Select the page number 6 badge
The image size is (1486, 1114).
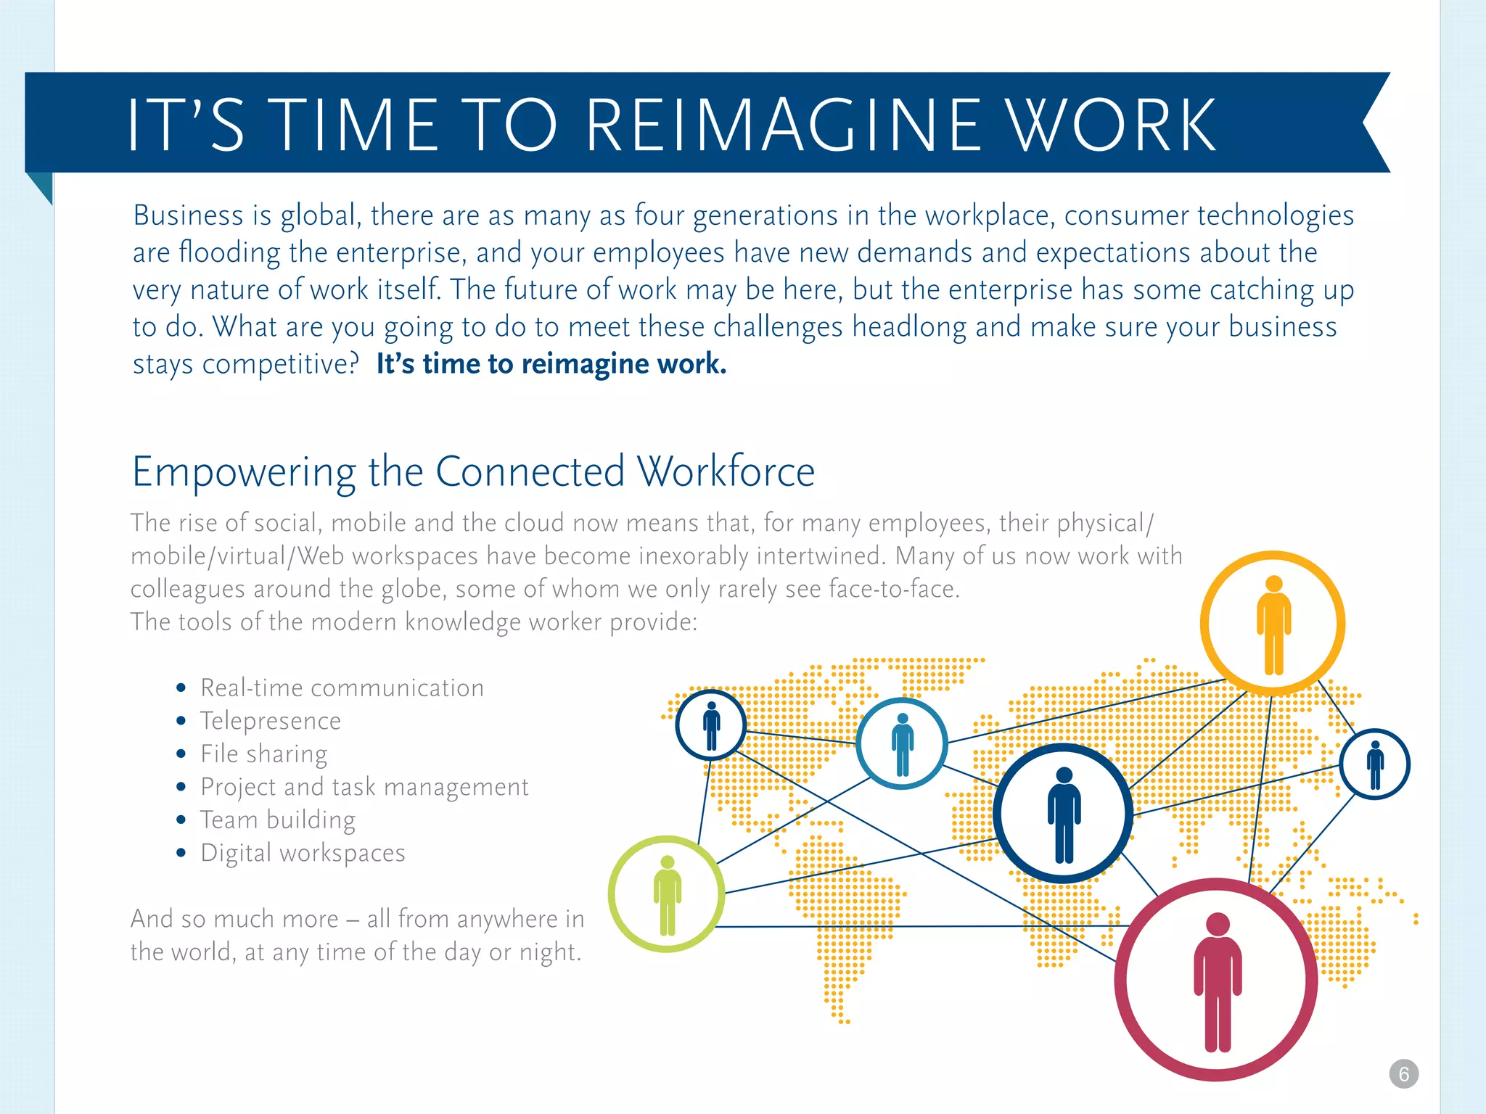[1403, 1074]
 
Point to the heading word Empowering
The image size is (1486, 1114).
[244, 472]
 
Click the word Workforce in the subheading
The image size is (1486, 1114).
[726, 472]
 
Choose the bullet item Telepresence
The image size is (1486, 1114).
[270, 721]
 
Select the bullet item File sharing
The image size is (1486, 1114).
[263, 754]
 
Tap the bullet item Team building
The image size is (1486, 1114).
[277, 820]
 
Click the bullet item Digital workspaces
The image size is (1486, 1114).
[303, 854]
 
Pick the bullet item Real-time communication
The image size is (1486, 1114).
[342, 688]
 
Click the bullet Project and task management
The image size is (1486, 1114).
[364, 787]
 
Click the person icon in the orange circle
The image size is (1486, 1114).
[1273, 624]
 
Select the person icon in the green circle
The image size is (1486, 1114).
[667, 895]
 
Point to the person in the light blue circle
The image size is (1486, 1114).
[902, 744]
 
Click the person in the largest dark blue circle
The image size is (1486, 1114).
[1064, 814]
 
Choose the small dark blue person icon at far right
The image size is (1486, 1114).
[1374, 764]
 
